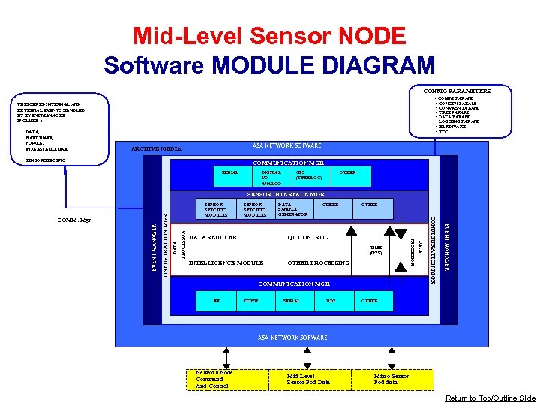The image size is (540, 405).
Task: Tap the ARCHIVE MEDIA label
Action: (x=156, y=148)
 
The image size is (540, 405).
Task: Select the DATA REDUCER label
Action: (x=213, y=237)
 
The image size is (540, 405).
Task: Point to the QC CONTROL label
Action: (x=307, y=237)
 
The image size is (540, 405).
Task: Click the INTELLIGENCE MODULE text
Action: (x=226, y=262)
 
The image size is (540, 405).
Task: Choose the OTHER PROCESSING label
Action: (x=319, y=262)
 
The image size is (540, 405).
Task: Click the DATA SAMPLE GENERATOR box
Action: (x=292, y=209)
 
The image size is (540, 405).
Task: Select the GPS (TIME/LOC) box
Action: (x=309, y=175)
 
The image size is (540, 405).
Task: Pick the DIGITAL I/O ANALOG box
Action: (x=271, y=177)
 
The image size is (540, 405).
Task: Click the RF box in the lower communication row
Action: (x=217, y=300)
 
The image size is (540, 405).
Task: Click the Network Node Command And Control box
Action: (x=214, y=379)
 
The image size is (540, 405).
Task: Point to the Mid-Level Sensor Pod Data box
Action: (x=308, y=379)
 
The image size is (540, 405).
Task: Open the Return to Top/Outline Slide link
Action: (x=490, y=397)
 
